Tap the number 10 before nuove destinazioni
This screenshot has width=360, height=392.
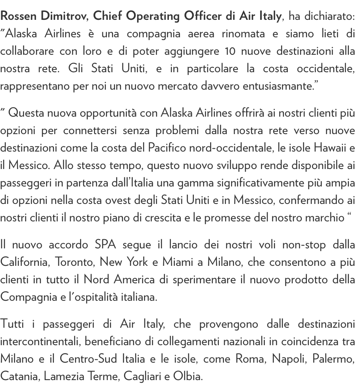(230, 51)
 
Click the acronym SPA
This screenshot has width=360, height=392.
(105, 245)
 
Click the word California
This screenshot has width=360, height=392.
(24, 262)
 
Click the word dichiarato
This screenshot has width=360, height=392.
(322, 16)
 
